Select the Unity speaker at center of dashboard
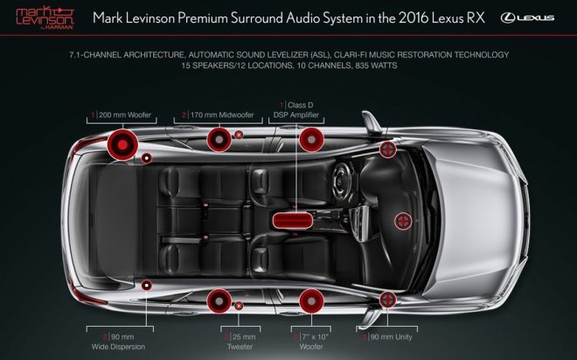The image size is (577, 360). (403, 220)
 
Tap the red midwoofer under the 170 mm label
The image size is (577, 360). (219, 138)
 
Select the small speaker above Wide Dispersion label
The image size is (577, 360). (147, 286)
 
